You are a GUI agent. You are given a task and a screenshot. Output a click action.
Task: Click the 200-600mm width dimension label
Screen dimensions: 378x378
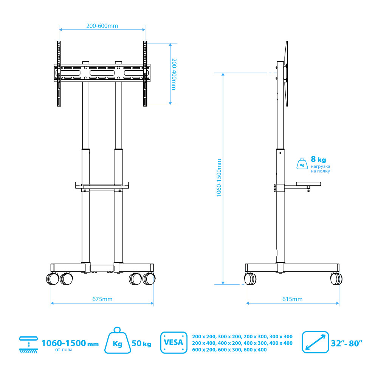[102, 26]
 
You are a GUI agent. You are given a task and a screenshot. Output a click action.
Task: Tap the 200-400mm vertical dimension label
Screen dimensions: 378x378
[174, 74]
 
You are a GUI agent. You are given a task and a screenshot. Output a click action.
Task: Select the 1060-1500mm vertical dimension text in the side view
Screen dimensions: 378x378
[218, 178]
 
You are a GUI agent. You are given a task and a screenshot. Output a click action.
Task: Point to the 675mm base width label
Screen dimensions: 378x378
[102, 299]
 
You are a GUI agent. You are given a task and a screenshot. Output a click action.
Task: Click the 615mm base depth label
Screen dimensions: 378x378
[292, 299]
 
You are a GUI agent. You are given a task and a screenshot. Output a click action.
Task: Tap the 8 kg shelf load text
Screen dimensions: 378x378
[318, 159]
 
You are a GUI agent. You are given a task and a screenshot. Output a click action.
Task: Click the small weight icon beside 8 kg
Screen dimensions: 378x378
[302, 164]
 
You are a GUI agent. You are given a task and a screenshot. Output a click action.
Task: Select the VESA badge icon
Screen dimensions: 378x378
[174, 342]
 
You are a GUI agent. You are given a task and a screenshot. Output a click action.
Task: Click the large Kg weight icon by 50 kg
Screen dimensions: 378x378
[118, 341]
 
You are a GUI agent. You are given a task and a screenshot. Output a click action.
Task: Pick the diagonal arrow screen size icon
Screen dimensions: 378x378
[315, 342]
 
